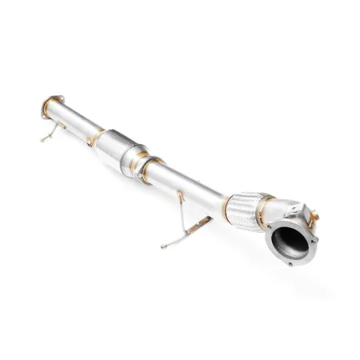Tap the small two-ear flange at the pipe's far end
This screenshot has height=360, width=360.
click(48, 107)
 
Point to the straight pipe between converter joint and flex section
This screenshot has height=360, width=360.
click(192, 182)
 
